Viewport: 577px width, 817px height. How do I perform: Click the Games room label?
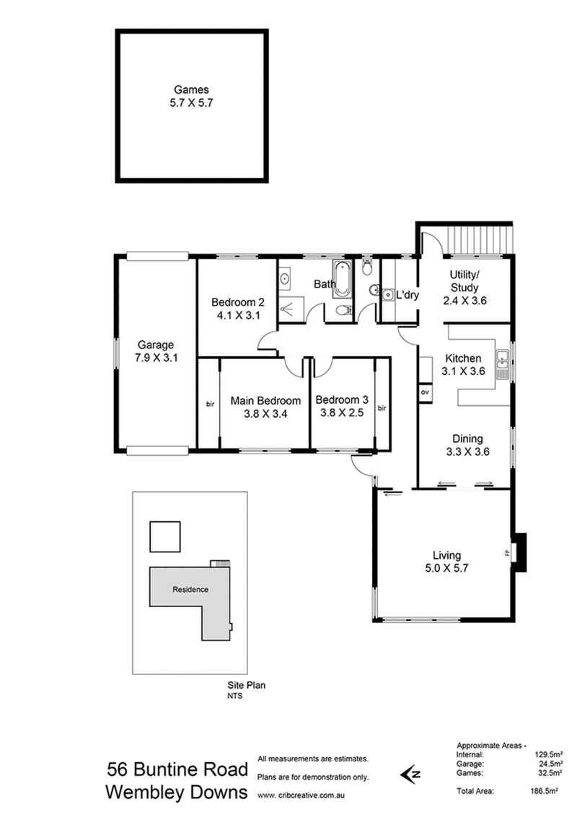click(x=191, y=97)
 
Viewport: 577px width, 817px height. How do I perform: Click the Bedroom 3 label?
click(x=342, y=407)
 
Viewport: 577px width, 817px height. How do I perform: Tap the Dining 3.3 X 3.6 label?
click(x=467, y=445)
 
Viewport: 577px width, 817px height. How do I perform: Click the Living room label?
click(x=446, y=561)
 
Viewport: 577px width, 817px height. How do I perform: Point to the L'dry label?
click(x=408, y=295)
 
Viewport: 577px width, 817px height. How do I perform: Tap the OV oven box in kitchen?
click(x=425, y=392)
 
